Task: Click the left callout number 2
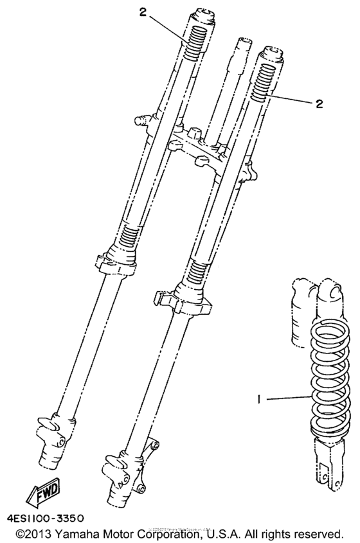pyautogui.click(x=143, y=12)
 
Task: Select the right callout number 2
pyautogui.click(x=319, y=103)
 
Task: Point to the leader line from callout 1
pyautogui.click(x=286, y=399)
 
